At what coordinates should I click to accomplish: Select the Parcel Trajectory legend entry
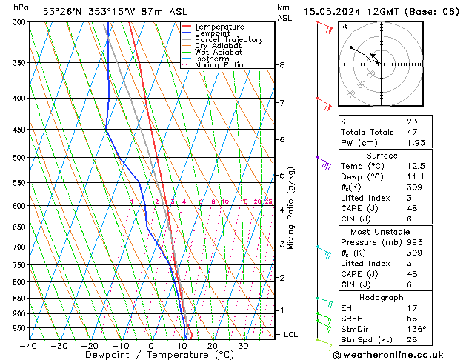tap(228, 40)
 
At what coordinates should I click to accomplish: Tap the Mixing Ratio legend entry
tap(219, 65)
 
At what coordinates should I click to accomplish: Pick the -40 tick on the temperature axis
tap(30, 346)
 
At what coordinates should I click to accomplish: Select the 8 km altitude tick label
tap(282, 65)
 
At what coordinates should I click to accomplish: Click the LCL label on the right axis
tap(291, 335)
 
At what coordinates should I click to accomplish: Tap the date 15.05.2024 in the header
tap(336, 11)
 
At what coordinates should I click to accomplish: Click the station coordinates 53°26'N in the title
tap(64, 11)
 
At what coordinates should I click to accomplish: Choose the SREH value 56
tap(412, 319)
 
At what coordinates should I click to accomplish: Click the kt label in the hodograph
tap(344, 26)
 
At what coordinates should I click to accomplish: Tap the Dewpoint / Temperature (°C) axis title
tap(152, 356)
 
